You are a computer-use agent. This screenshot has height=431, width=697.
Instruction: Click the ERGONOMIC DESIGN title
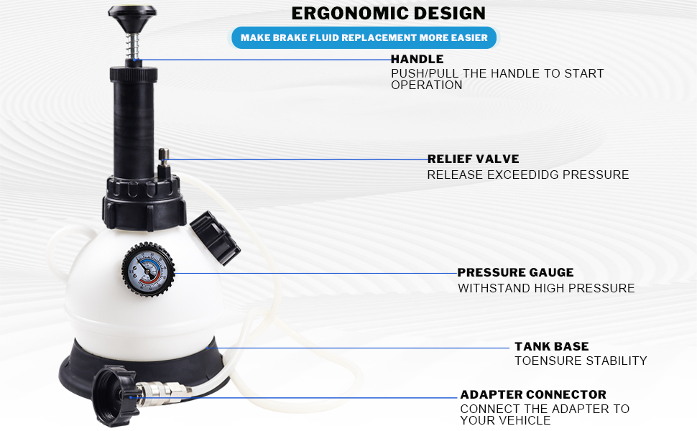pos(388,13)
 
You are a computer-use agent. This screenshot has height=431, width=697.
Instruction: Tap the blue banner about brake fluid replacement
pos(364,37)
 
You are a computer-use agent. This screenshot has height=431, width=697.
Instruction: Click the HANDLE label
pos(417,59)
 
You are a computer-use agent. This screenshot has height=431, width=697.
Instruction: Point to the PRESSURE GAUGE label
pos(515,272)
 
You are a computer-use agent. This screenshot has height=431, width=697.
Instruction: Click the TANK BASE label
pos(551,346)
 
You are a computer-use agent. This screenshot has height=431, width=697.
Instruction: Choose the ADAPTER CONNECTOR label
pos(532,394)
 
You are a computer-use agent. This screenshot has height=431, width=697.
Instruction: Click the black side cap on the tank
pos(215,238)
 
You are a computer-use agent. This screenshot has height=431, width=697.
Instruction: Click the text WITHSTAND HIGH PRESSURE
pos(546,288)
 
